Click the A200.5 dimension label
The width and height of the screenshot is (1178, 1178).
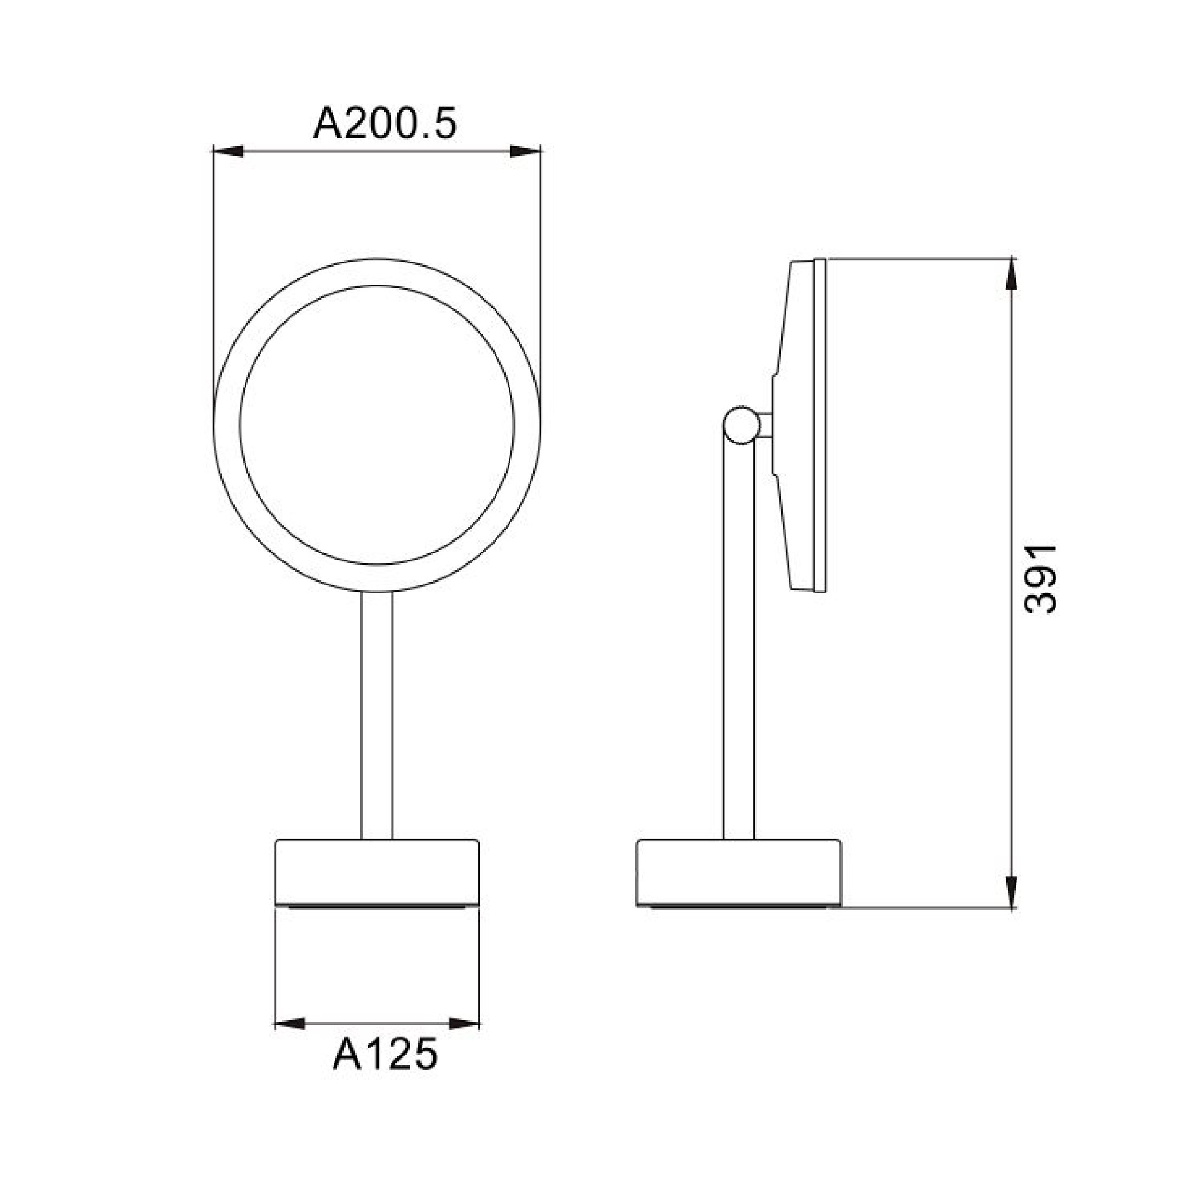click(x=384, y=125)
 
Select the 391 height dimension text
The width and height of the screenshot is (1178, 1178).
click(x=1040, y=578)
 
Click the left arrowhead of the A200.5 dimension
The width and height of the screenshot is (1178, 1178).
click(x=228, y=152)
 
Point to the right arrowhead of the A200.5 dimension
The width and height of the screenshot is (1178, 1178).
click(x=525, y=152)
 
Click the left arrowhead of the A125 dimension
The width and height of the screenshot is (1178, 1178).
click(x=290, y=1023)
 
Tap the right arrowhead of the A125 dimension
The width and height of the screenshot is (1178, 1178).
click(x=465, y=1023)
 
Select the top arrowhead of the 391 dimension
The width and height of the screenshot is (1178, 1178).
click(x=1011, y=275)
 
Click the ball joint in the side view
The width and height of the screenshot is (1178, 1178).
click(x=741, y=424)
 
